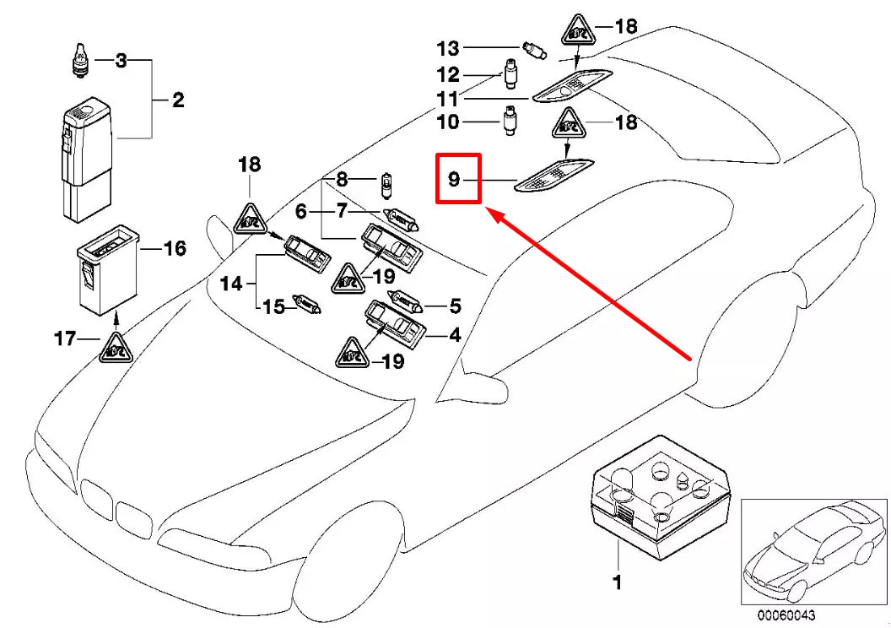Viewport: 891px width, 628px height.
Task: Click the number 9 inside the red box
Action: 454,179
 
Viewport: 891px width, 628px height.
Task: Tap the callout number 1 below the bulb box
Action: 617,582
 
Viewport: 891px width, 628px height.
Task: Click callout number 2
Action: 178,101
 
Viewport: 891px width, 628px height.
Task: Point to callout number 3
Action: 121,61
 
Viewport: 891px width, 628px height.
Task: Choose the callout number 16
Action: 174,248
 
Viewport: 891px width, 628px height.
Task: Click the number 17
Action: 65,340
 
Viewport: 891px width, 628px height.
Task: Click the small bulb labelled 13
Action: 532,46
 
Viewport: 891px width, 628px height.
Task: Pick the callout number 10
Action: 448,122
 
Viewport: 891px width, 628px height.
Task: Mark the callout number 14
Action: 231,284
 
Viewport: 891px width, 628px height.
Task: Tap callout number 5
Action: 455,306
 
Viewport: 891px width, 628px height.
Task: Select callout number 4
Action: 455,335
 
